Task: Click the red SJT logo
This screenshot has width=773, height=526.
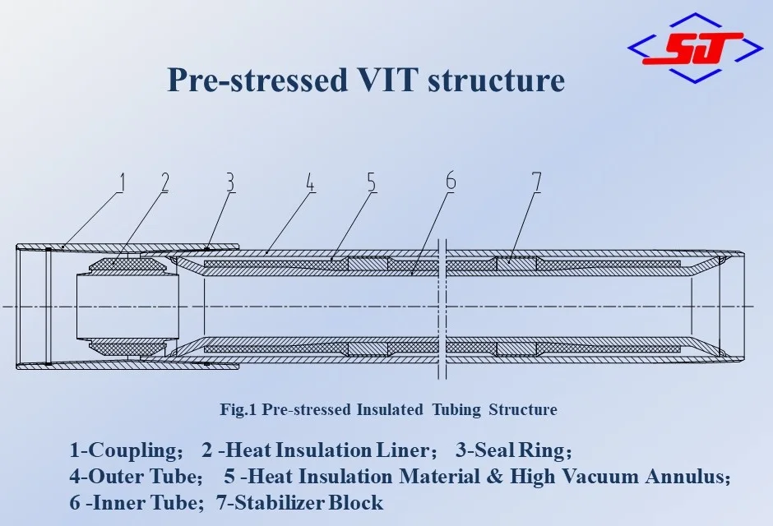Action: [694, 48]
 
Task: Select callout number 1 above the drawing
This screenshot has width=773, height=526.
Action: [121, 182]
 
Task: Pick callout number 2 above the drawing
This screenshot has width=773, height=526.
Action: [164, 182]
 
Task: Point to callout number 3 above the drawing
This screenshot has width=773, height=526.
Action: [230, 182]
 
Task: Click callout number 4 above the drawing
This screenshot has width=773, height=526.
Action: [310, 182]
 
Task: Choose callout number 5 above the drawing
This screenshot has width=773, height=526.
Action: [372, 182]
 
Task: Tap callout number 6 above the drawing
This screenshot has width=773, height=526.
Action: [450, 182]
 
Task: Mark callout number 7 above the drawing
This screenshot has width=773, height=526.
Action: [536, 182]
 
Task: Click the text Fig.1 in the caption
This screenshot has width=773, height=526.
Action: [238, 409]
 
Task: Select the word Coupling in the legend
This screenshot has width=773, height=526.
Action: [135, 450]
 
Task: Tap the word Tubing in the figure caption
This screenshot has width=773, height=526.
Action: [457, 409]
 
